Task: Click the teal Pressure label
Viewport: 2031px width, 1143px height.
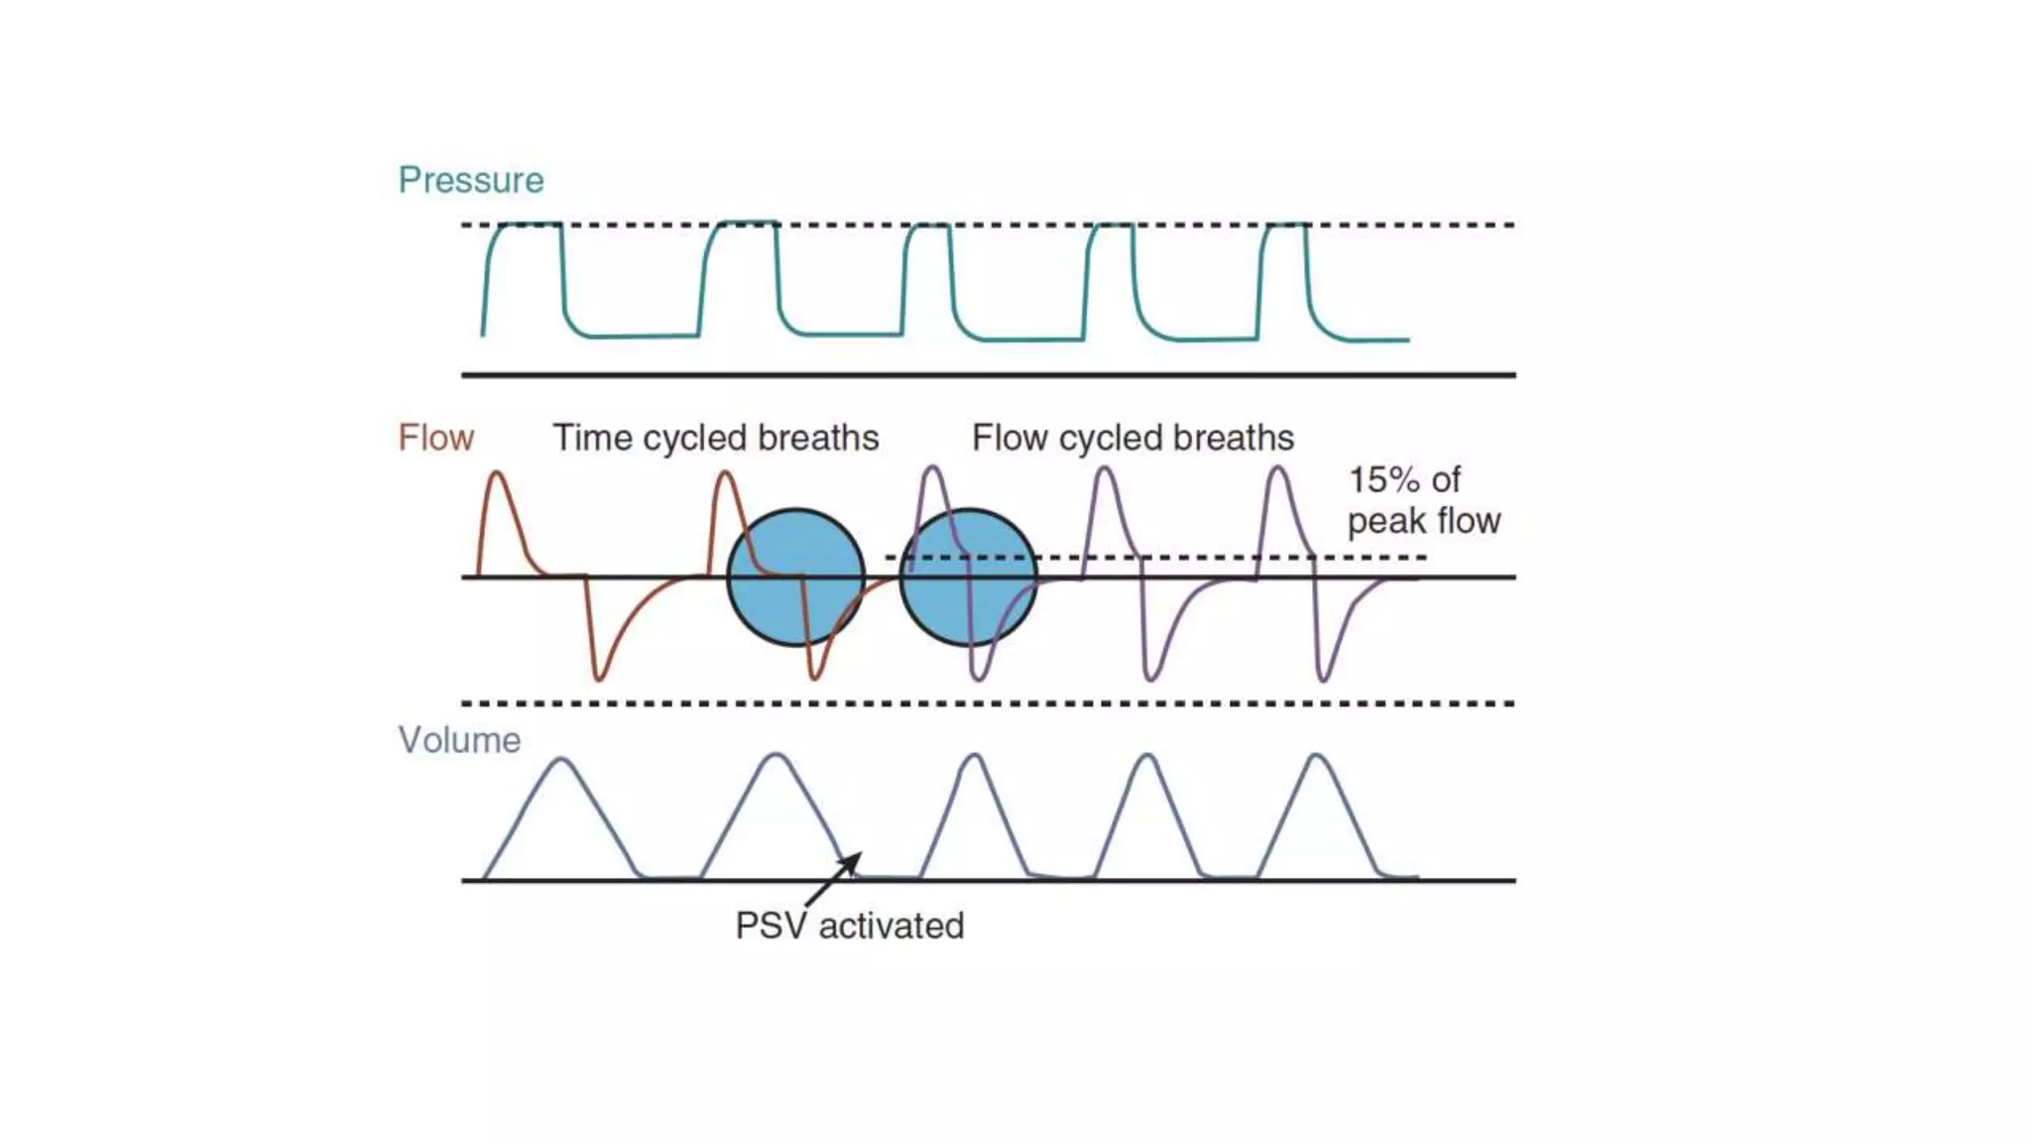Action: (x=471, y=181)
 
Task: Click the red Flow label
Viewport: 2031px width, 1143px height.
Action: (x=435, y=438)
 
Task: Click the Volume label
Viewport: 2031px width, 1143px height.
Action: (x=459, y=740)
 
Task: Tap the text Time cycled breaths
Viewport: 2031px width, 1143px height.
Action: (x=715, y=438)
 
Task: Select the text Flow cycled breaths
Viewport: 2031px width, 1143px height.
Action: (x=1133, y=438)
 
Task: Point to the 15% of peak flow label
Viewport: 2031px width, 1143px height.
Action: (x=1423, y=500)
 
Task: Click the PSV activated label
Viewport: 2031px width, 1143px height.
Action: (x=850, y=926)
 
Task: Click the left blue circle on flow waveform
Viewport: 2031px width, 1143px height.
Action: (x=795, y=577)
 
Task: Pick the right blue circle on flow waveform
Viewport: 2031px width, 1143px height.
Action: (x=969, y=577)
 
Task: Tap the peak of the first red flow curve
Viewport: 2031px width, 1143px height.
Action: (x=497, y=474)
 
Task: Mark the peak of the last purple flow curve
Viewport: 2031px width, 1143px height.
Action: (x=1279, y=469)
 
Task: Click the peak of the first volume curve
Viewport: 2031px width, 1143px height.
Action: (x=561, y=759)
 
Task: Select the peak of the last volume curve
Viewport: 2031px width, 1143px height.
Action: (x=1317, y=756)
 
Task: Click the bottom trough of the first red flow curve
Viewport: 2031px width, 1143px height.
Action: (x=599, y=679)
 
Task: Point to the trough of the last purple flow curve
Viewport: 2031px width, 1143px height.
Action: (x=1323, y=680)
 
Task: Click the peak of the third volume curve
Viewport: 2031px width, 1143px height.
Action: (x=976, y=756)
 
